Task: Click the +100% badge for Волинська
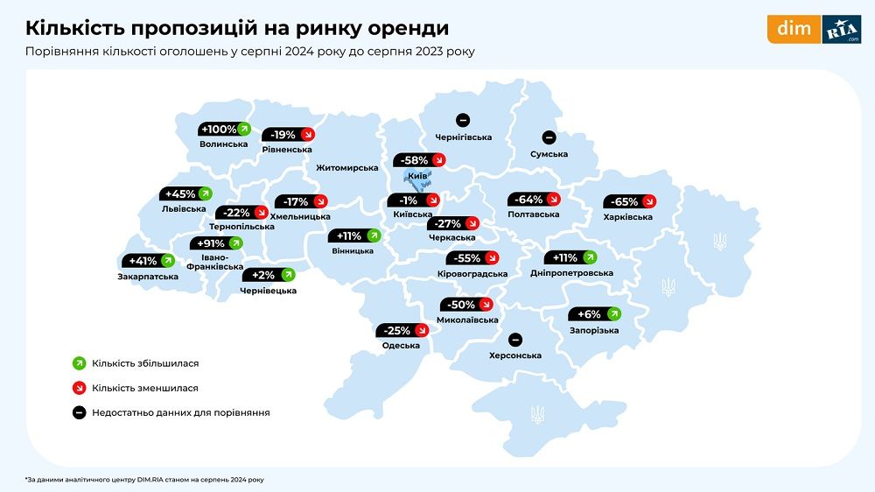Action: point(225,130)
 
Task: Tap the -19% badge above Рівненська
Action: point(289,135)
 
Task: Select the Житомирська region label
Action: point(347,167)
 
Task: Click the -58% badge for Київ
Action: point(420,160)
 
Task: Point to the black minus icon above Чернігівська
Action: point(463,120)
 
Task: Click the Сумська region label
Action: point(549,154)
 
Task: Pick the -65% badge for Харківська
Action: point(629,201)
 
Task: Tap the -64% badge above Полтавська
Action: point(534,199)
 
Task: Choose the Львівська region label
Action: point(184,209)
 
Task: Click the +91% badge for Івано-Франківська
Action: point(216,243)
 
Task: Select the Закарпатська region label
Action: point(148,277)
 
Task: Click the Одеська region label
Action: point(401,346)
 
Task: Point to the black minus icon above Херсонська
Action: point(515,340)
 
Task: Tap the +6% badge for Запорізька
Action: point(595,314)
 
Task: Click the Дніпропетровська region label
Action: point(571,273)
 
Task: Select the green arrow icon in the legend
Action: point(78,362)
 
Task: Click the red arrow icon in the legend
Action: point(78,387)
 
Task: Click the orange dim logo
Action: point(794,29)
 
